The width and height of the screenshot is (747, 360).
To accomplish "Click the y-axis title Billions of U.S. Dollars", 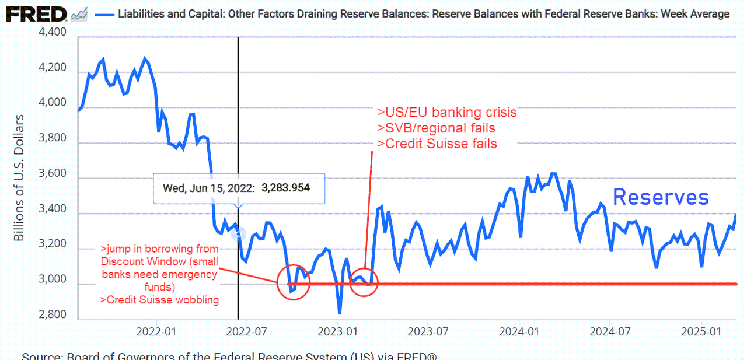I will tap(19, 177).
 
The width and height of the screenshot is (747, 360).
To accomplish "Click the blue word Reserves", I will tap(661, 197).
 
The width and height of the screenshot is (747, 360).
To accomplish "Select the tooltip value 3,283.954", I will tap(285, 188).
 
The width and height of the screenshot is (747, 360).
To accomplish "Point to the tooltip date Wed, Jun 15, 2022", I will tap(208, 188).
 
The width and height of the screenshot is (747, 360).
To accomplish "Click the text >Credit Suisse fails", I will tap(437, 144).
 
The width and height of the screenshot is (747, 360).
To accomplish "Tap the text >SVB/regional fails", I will tap(437, 128).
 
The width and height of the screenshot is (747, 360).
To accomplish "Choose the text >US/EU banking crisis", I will tap(447, 113).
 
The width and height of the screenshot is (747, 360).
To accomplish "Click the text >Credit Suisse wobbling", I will tap(159, 300).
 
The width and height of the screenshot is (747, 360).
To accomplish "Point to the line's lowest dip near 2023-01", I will tap(339, 313).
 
